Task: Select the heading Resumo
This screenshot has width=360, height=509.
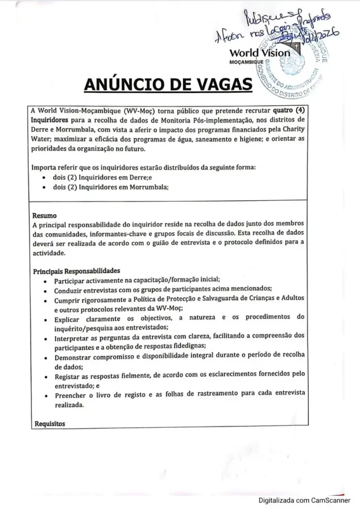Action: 44,216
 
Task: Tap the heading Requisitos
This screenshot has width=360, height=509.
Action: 50,424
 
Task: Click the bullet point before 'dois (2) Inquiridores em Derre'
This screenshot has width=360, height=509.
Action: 45,177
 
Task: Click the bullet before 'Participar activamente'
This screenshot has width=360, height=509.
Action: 45,280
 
